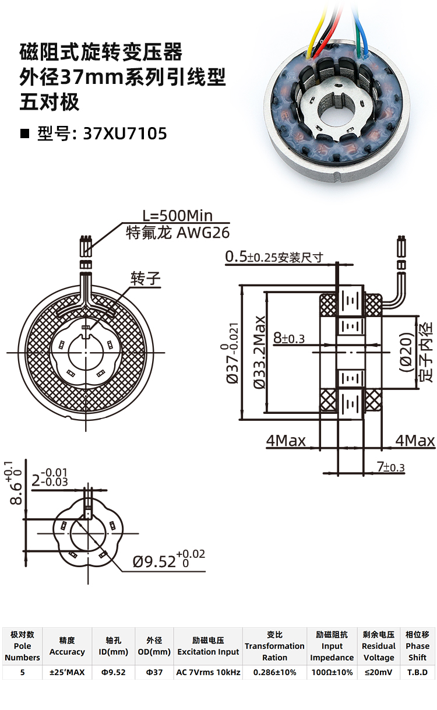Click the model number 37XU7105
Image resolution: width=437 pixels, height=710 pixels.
125,133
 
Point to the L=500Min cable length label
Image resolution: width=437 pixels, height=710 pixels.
177,216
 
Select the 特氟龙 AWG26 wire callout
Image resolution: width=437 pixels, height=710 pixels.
178,233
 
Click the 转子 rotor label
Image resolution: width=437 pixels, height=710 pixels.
146,278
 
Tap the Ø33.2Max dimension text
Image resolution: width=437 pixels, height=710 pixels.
259,352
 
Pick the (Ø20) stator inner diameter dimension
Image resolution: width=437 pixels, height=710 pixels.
407,352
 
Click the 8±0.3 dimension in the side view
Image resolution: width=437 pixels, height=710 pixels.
288,338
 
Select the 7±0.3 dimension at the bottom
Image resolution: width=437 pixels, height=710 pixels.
391,466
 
